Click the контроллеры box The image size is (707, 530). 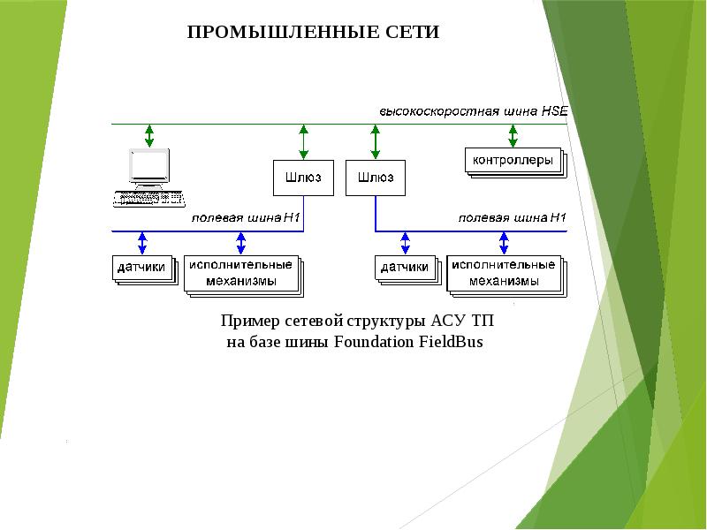[x=513, y=161]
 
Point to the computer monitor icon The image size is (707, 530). [x=148, y=166]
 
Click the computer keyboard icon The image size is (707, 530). [x=148, y=198]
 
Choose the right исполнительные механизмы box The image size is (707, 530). [x=503, y=273]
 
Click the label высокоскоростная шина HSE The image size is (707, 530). [x=474, y=112]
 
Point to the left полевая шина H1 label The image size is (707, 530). [x=248, y=218]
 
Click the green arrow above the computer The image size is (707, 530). [x=148, y=135]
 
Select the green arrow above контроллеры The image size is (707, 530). [x=513, y=135]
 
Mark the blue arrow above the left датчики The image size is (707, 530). [x=141, y=242]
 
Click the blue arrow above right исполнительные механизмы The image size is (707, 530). [x=504, y=242]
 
